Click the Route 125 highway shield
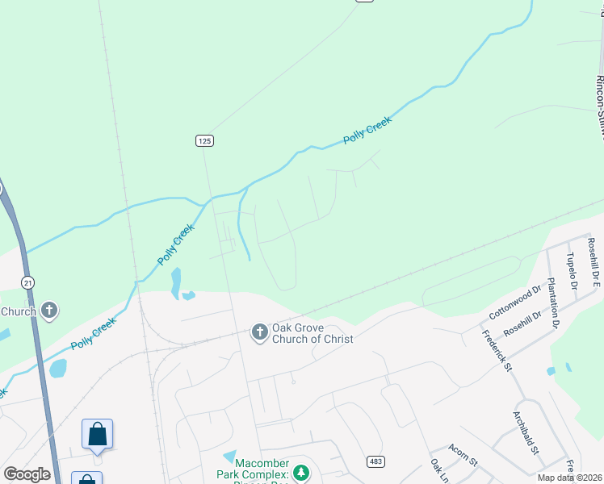[204, 140]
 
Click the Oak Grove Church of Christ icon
[260, 332]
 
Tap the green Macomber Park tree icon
[300, 472]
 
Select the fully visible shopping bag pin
[98, 435]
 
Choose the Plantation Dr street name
[552, 302]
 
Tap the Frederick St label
[497, 350]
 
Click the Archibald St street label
[526, 432]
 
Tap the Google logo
[27, 474]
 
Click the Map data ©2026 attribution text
[569, 478]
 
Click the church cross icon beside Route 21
[49, 309]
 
